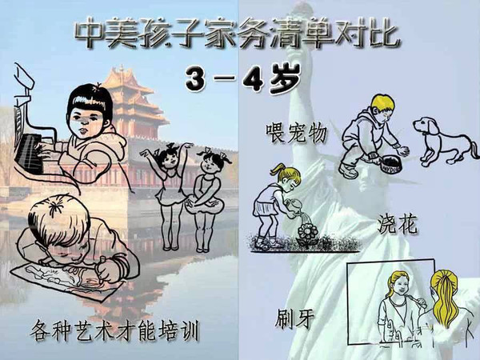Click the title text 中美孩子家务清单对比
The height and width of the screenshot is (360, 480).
239,34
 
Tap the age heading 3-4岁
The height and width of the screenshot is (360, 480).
240,77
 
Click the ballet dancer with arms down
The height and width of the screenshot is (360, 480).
210,188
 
